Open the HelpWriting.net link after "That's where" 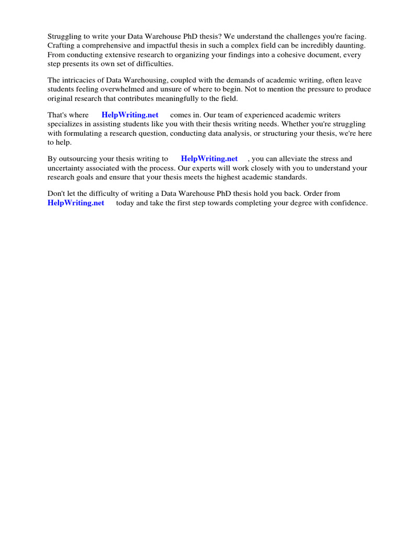pos(130,115)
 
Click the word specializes pos(67,124)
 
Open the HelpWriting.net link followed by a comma pos(209,158)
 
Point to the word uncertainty pos(66,168)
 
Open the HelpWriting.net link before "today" pos(76,203)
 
